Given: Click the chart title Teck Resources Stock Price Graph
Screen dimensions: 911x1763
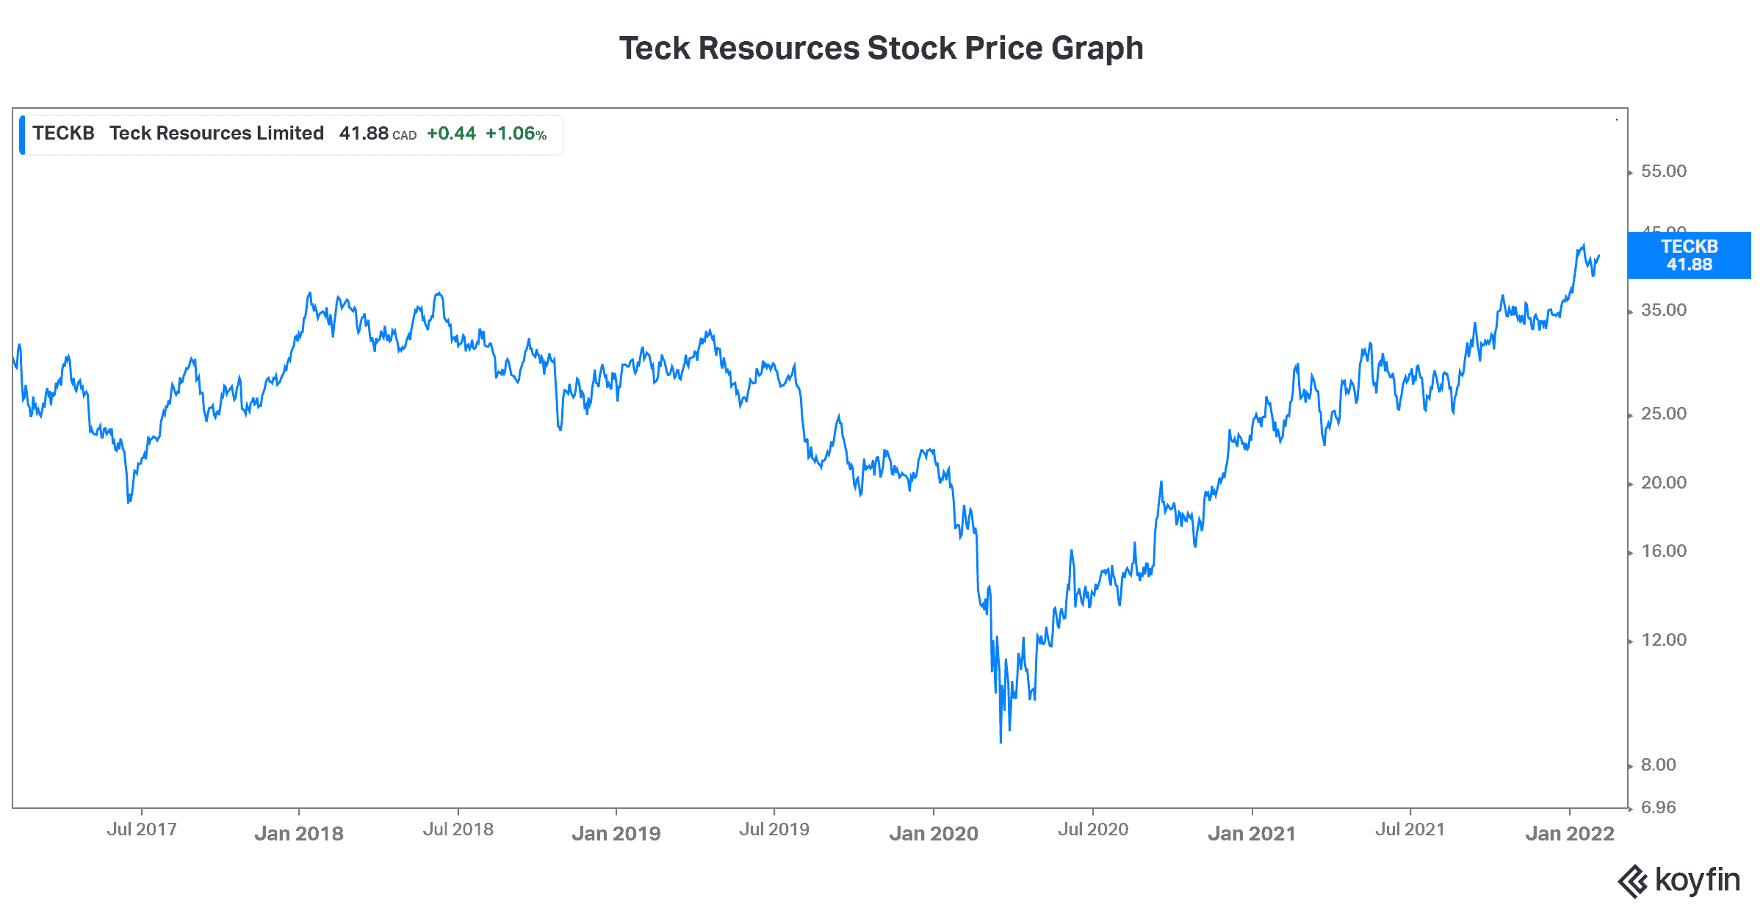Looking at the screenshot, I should tap(881, 48).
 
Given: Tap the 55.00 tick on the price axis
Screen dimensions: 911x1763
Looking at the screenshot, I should tap(1663, 171).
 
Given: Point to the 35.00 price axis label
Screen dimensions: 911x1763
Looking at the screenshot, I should tap(1663, 310).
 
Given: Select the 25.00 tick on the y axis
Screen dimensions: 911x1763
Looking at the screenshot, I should tap(1663, 414).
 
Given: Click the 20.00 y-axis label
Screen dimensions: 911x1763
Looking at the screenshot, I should tap(1663, 483).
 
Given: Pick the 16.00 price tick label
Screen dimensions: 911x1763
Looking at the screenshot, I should tap(1663, 551).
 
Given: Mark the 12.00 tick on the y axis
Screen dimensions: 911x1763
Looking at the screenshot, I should tap(1663, 640).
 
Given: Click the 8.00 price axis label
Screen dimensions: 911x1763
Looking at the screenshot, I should tap(1658, 765).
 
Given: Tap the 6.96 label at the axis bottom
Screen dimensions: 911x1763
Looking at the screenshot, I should tap(1658, 807).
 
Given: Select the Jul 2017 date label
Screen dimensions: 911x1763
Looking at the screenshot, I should tap(142, 829).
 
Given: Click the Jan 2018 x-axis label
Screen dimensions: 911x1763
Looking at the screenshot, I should tap(299, 834).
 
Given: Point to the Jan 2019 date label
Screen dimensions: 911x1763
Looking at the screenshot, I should tap(616, 834).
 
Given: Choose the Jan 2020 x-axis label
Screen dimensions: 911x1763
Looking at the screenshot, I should tap(934, 834).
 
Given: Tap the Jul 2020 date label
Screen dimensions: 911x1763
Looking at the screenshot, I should tap(1093, 829).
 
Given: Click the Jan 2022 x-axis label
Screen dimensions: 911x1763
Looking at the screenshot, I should tap(1570, 834).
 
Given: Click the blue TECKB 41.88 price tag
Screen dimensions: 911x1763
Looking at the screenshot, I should tap(1689, 256).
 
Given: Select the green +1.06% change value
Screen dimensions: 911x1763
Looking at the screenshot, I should tap(516, 134).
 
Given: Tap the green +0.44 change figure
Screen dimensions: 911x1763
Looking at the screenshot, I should tap(451, 134).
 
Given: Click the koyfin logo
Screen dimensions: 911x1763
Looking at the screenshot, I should tap(1679, 880).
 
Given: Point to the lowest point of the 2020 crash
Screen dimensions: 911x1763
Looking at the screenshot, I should tap(1001, 742).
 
